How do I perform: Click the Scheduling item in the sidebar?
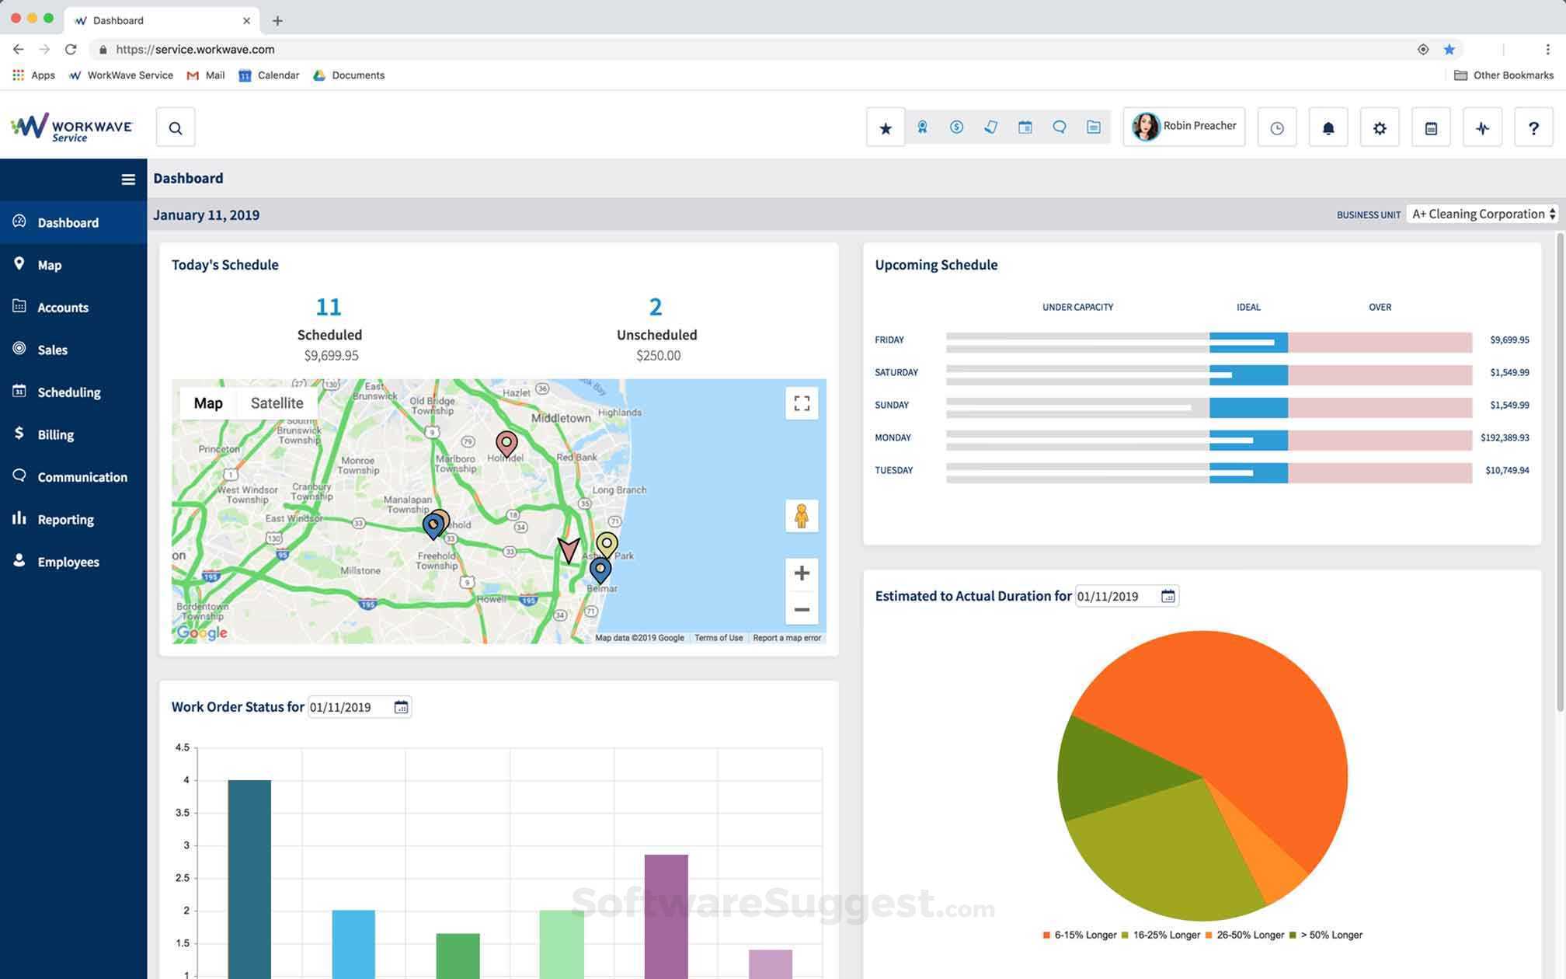(x=68, y=392)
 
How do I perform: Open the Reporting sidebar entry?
(x=65, y=520)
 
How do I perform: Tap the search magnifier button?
(x=176, y=128)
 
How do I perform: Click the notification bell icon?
(x=1328, y=128)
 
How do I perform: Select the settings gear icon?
(x=1380, y=128)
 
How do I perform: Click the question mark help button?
(x=1533, y=128)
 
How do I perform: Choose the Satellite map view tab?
(x=277, y=403)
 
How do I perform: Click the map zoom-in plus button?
(x=802, y=573)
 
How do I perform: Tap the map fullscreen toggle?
(x=802, y=403)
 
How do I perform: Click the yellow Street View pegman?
(x=802, y=516)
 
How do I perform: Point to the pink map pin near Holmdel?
(x=506, y=443)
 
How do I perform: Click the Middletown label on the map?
(x=561, y=418)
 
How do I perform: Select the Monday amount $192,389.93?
(x=1505, y=438)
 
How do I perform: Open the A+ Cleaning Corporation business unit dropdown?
(x=1483, y=214)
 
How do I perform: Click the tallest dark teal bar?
(x=249, y=878)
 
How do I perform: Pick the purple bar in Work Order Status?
(x=666, y=917)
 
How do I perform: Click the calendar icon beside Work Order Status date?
(x=401, y=707)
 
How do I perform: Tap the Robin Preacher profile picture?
(x=1145, y=127)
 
